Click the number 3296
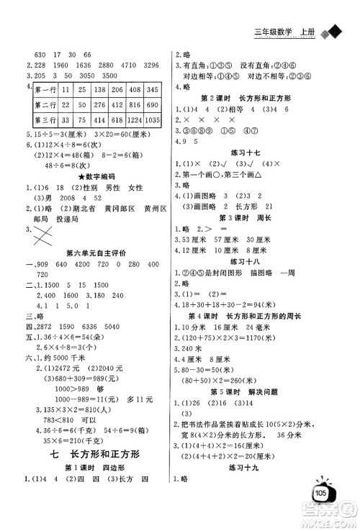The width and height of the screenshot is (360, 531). point(148,64)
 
